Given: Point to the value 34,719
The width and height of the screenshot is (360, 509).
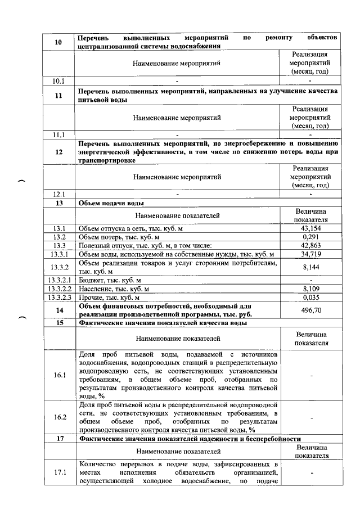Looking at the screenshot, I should click(x=310, y=254).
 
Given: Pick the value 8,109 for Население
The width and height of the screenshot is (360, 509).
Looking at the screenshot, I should click(x=310, y=288).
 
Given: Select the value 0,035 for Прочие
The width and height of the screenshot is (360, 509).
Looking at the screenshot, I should click(x=310, y=296).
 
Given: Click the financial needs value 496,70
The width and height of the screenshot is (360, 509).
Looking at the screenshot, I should click(x=310, y=310).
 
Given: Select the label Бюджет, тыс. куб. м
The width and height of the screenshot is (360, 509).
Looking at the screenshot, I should click(x=110, y=280).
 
